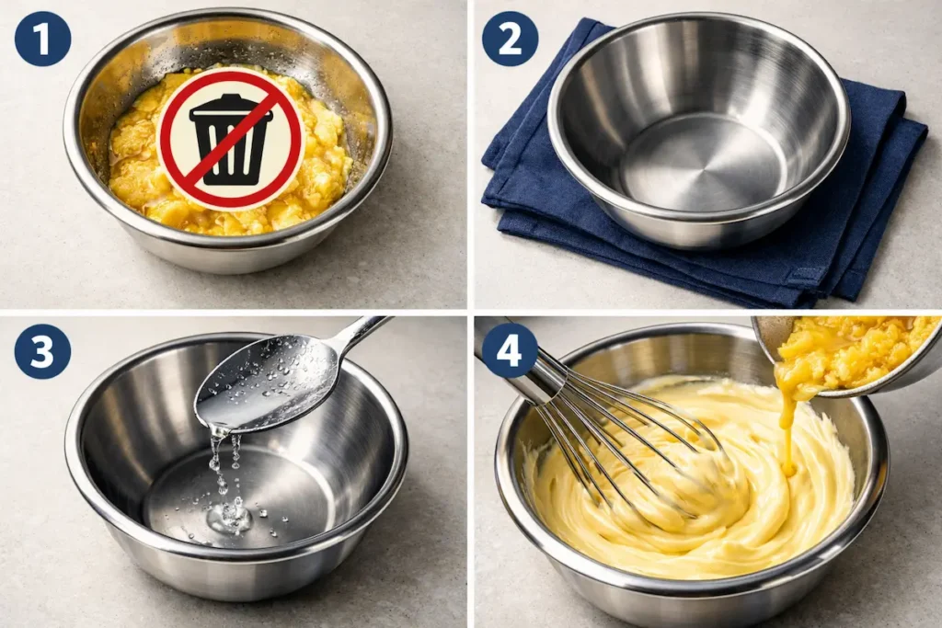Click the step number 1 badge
pyautogui.click(x=42, y=39)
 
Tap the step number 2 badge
pyautogui.click(x=510, y=39)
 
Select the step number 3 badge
pyautogui.click(x=42, y=351)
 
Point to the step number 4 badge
pyautogui.click(x=510, y=349)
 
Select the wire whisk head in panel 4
pyautogui.click(x=635, y=432)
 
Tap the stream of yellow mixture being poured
pyautogui.click(x=787, y=423)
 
